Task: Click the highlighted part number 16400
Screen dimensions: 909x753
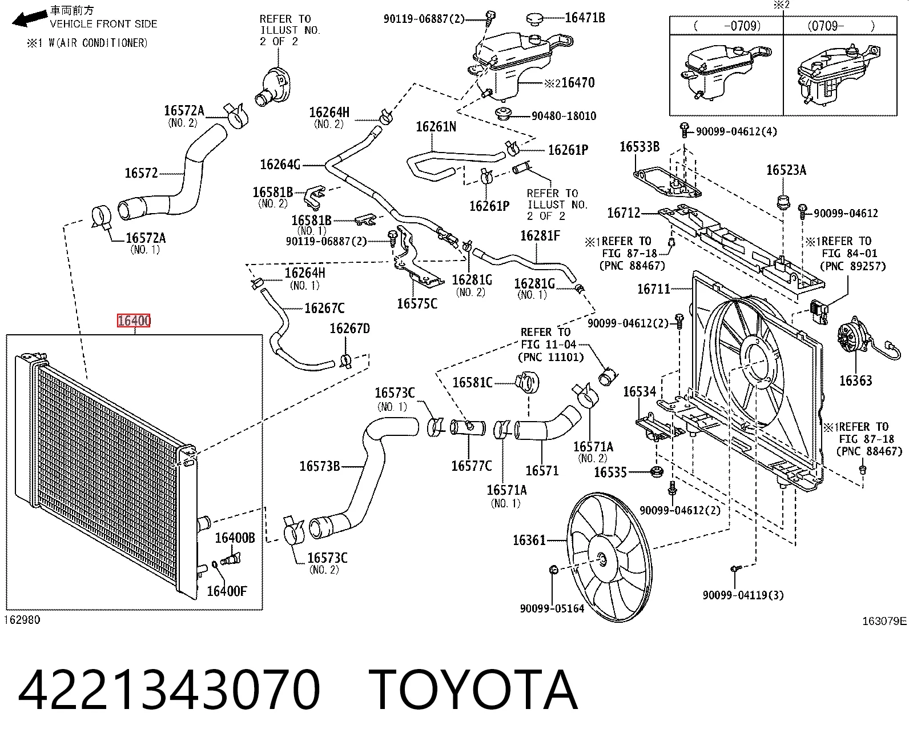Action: pos(134,321)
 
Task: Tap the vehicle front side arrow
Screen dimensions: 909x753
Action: pos(29,18)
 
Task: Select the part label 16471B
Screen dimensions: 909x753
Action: pos(585,18)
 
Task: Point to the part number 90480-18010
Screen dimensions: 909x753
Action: pos(564,116)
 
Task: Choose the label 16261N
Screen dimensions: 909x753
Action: pos(436,127)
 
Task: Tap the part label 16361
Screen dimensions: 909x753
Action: pos(529,540)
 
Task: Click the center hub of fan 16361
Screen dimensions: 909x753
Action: pos(602,559)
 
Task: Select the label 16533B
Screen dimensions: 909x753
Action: pos(639,147)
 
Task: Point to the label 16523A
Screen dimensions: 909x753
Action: pos(786,170)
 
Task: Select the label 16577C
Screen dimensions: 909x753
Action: pos(471,466)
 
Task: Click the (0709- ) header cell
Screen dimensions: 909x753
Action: pos(840,26)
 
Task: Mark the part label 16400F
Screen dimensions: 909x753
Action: pos(226,591)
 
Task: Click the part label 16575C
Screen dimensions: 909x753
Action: pos(417,304)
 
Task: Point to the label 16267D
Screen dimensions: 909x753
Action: pos(349,328)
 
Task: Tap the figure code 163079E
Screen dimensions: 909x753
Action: pos(884,621)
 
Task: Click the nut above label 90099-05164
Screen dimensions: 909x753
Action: pos(553,570)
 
